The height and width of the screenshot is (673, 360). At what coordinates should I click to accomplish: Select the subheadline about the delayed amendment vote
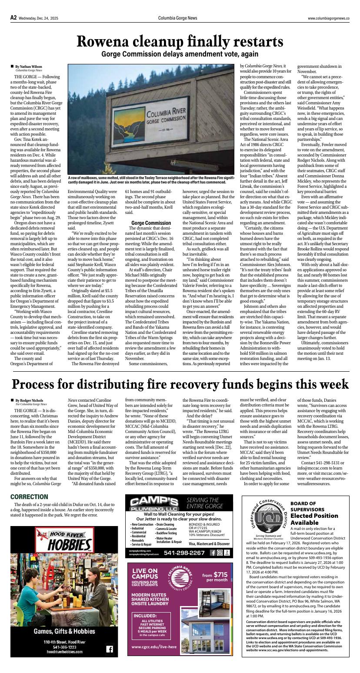tap(180, 54)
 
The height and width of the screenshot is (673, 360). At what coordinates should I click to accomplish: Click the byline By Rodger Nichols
tap(29, 400)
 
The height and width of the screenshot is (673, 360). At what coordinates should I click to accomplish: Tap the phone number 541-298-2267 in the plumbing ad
tap(184, 553)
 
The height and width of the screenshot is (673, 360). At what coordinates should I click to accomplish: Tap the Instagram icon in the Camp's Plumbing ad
tap(220, 553)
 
